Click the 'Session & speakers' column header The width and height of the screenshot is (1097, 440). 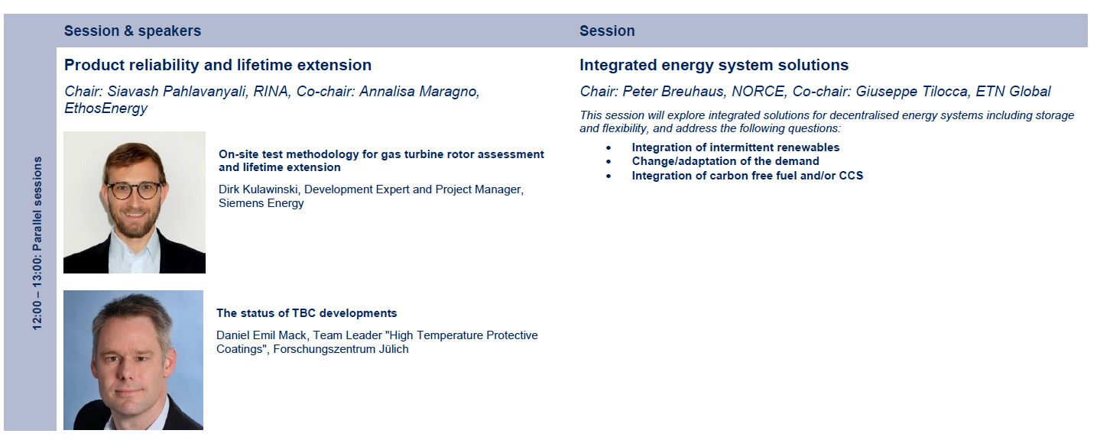(x=132, y=31)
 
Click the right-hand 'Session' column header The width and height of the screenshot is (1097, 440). (x=607, y=31)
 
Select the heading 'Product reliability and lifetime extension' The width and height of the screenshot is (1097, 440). (x=218, y=65)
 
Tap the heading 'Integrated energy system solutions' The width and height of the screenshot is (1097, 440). (x=714, y=65)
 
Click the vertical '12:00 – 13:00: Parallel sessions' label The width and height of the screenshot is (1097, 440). (x=37, y=243)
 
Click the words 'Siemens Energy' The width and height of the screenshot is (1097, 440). (x=261, y=203)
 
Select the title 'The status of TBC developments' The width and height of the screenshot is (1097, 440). (x=307, y=313)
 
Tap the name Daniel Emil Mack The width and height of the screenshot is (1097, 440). (x=261, y=335)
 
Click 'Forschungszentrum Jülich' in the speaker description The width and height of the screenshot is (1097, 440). (x=341, y=349)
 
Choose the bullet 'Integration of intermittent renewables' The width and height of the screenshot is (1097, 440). (x=735, y=147)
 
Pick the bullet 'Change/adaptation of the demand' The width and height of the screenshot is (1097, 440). (x=725, y=161)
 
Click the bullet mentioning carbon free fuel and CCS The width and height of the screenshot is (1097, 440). (x=748, y=176)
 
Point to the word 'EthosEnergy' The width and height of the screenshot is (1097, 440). (x=105, y=108)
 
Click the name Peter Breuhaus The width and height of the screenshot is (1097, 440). (x=673, y=92)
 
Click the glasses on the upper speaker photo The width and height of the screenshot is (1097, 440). (x=134, y=189)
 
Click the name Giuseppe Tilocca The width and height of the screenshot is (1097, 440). (x=911, y=92)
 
